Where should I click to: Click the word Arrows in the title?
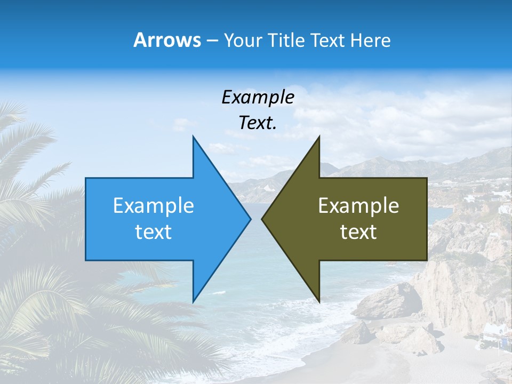tap(167, 40)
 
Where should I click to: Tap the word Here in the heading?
tap(372, 40)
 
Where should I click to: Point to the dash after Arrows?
tap(212, 41)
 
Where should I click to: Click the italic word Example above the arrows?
tap(258, 97)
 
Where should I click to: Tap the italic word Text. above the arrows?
tap(258, 123)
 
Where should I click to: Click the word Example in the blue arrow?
tap(154, 206)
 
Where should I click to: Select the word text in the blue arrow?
tap(154, 232)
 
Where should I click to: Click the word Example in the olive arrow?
tap(358, 206)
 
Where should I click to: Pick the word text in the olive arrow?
tap(358, 232)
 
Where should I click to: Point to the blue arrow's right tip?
tap(250, 219)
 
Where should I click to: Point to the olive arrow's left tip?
tap(262, 219)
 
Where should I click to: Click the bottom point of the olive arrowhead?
tap(319, 301)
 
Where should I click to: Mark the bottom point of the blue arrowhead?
tap(194, 301)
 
